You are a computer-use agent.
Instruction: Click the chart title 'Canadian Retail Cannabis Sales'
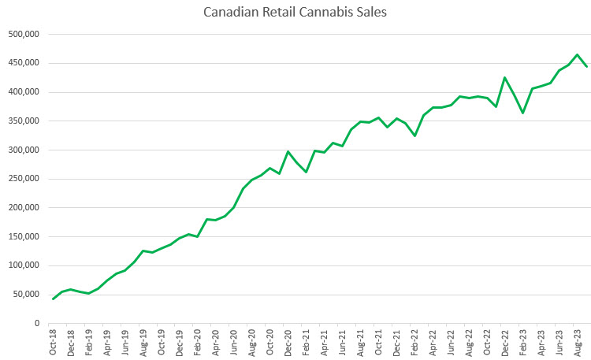295,13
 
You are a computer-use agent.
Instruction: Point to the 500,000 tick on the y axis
24,35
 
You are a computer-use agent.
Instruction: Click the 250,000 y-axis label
24,179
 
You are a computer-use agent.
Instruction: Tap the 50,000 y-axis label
26,294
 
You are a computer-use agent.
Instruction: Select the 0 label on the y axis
36,323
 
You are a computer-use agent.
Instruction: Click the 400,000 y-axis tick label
24,92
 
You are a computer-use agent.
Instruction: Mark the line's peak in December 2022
505,77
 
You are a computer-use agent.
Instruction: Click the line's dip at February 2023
523,113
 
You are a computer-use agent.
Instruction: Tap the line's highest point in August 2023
578,54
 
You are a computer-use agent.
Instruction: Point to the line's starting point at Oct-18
54,299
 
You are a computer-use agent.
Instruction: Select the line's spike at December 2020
288,151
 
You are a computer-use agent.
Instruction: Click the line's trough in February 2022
414,136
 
